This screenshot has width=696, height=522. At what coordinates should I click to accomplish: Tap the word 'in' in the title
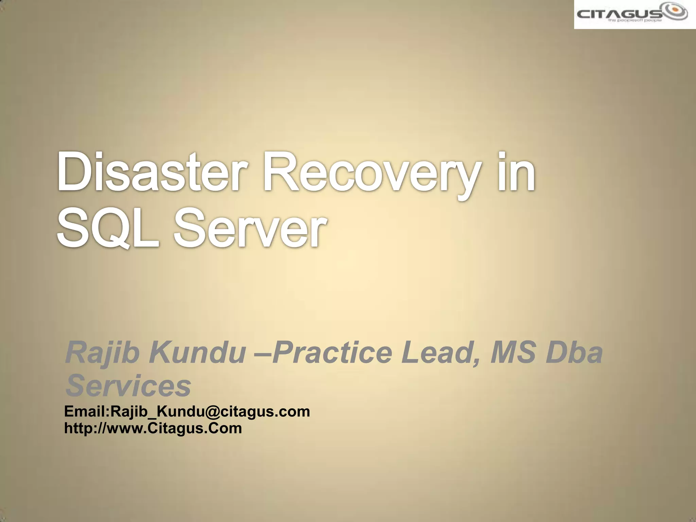pyautogui.click(x=517, y=173)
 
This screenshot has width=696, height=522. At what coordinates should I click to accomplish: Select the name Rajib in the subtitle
pyautogui.click(x=102, y=353)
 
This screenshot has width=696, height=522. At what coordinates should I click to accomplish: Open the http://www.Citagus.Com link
pyautogui.click(x=153, y=428)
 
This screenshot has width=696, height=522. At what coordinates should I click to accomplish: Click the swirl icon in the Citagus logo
pyautogui.click(x=675, y=12)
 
